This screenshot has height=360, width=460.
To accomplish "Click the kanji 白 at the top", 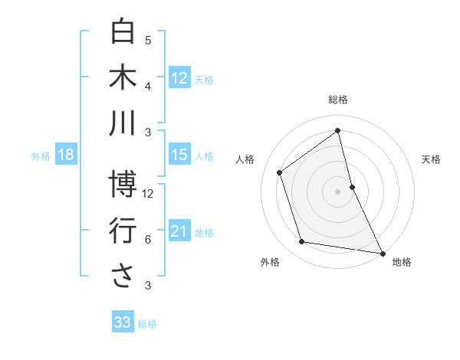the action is pyautogui.click(x=123, y=33).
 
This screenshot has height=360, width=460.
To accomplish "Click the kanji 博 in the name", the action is pyautogui.click(x=123, y=184).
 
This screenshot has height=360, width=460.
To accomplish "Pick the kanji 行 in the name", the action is pyautogui.click(x=123, y=230).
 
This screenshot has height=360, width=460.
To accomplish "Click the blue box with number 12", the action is pyautogui.click(x=179, y=77).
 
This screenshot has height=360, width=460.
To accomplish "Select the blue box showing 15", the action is pyautogui.click(x=179, y=155).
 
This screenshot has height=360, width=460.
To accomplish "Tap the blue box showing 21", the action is pyautogui.click(x=179, y=231).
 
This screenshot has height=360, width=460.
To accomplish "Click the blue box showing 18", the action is pyautogui.click(x=66, y=155).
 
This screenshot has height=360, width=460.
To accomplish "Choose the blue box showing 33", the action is pyautogui.click(x=123, y=322).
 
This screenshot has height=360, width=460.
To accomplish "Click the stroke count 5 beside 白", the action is pyautogui.click(x=148, y=41).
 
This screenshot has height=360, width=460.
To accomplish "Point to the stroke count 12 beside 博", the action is pyautogui.click(x=149, y=193).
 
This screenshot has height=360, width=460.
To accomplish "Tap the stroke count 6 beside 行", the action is pyautogui.click(x=148, y=239).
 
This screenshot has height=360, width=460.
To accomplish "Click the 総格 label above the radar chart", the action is pyautogui.click(x=338, y=100).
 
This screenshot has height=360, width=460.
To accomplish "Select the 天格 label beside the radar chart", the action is pyautogui.click(x=432, y=159).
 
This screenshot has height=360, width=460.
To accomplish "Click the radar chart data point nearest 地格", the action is pyautogui.click(x=382, y=253).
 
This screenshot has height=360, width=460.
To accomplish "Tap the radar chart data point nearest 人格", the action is pyautogui.click(x=279, y=172).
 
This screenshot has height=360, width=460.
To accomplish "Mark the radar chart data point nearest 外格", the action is pyautogui.click(x=302, y=242).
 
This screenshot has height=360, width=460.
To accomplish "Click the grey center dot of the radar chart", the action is pyautogui.click(x=338, y=191).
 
